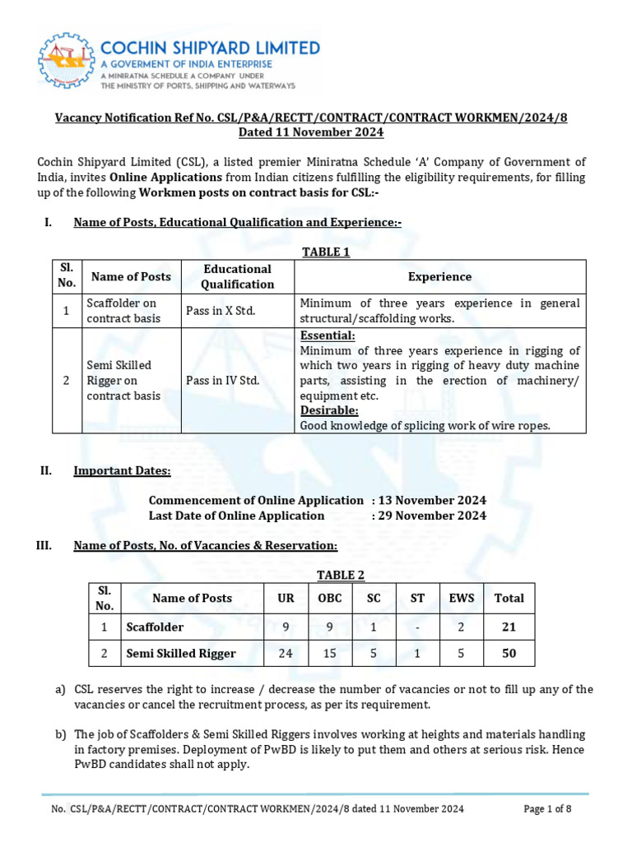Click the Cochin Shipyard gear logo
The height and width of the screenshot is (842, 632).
click(x=66, y=62)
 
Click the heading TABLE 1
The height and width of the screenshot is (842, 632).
click(x=326, y=252)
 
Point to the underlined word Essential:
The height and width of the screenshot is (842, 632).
click(x=328, y=335)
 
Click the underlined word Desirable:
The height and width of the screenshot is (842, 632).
click(x=329, y=409)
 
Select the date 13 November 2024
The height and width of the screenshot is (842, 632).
click(x=432, y=500)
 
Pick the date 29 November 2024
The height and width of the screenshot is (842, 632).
click(x=432, y=516)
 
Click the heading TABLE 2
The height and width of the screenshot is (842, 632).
click(x=340, y=575)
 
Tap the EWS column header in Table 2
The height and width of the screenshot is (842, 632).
click(x=461, y=599)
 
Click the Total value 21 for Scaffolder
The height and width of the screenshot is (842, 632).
click(x=509, y=627)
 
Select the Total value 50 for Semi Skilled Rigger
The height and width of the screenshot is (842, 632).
click(x=509, y=654)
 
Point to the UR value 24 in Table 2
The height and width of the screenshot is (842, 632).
click(x=286, y=654)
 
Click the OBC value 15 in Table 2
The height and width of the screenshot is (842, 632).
click(x=329, y=654)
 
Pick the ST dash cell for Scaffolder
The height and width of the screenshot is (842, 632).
click(x=417, y=627)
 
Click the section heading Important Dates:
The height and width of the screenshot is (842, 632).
click(x=122, y=470)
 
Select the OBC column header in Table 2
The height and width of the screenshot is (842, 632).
click(x=329, y=599)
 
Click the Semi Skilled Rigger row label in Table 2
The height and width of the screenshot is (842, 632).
click(x=181, y=654)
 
